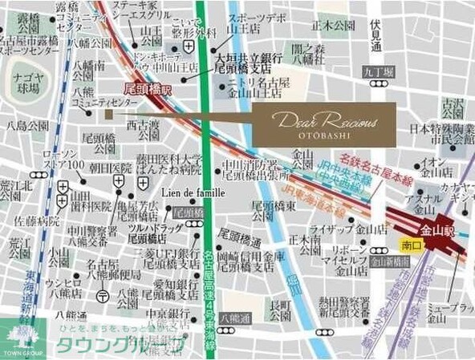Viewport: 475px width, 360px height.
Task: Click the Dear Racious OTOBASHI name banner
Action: coord(323,124)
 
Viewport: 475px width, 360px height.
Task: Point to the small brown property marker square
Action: coord(109,115)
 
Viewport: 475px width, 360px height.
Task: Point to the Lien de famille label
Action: coord(193,193)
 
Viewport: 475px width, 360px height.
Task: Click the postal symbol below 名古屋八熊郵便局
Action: coord(102,295)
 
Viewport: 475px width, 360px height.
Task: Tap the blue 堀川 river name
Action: coord(296,283)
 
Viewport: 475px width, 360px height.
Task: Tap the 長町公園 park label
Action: coord(281,310)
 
